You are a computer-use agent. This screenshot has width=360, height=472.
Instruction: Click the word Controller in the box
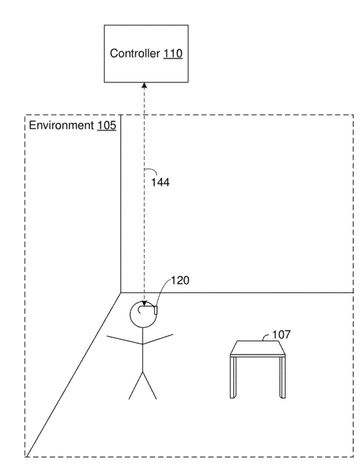[135, 53]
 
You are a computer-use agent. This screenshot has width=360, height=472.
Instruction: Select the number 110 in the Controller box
[173, 53]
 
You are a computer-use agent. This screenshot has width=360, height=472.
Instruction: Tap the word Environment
[61, 125]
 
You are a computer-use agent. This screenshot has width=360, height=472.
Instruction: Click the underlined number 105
[106, 125]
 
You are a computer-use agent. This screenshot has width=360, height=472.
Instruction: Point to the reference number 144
[160, 182]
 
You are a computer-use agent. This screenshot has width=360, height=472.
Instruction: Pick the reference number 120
[180, 281]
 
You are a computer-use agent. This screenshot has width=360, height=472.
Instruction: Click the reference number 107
[281, 334]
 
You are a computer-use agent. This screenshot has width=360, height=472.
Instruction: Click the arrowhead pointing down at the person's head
[144, 304]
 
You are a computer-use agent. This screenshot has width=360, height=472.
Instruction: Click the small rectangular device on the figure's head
[156, 310]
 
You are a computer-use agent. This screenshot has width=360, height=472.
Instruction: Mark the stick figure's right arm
[158, 339]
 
